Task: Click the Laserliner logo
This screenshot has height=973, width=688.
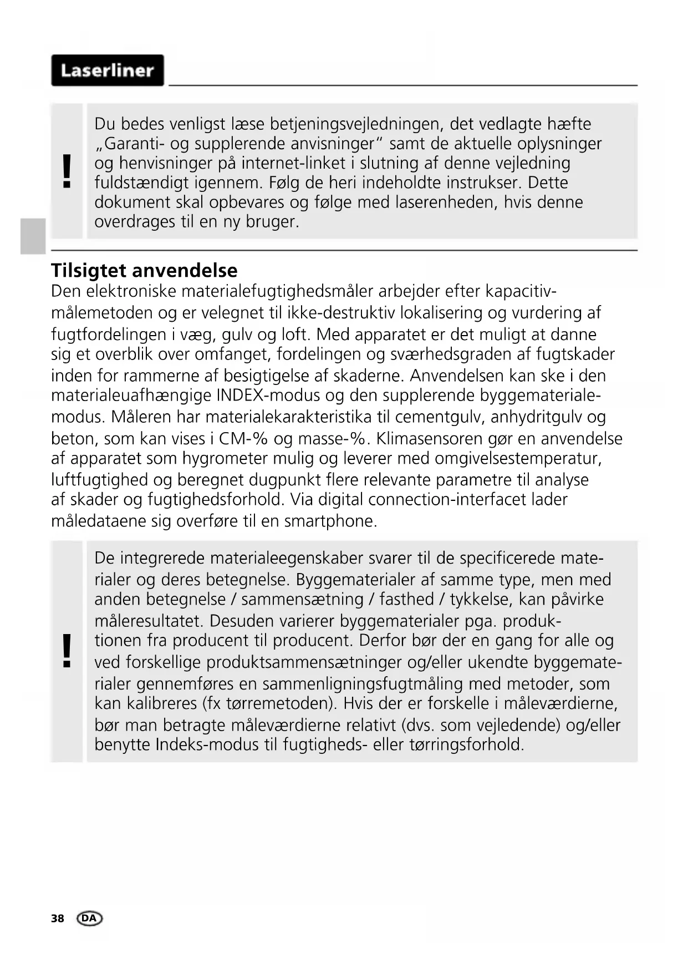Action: pyautogui.click(x=107, y=70)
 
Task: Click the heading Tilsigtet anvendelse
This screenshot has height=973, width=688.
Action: pyautogui.click(x=144, y=270)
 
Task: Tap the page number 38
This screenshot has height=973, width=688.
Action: pyautogui.click(x=58, y=919)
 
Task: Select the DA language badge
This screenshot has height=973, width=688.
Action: pyautogui.click(x=90, y=918)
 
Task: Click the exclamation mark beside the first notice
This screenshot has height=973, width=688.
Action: pyautogui.click(x=67, y=171)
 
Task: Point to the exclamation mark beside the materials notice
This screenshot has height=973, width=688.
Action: pyautogui.click(x=67, y=651)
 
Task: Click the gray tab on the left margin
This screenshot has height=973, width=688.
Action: pyautogui.click(x=33, y=236)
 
